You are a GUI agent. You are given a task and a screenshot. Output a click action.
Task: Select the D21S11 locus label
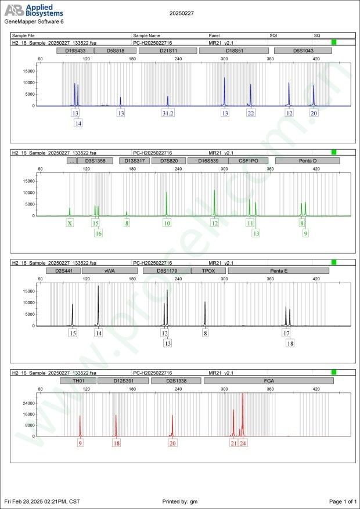click(x=168, y=51)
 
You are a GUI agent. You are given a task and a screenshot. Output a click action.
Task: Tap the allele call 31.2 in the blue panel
click(x=168, y=113)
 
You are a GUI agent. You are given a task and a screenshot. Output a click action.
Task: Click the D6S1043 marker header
click(x=303, y=51)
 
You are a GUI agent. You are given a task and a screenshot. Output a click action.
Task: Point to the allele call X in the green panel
click(x=70, y=223)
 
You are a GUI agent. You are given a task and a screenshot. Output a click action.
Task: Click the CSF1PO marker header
click(x=248, y=161)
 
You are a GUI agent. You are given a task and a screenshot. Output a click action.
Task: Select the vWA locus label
click(x=110, y=270)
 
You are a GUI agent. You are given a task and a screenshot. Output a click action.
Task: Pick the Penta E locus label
click(x=279, y=270)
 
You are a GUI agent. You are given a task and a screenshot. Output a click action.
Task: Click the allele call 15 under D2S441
click(x=73, y=333)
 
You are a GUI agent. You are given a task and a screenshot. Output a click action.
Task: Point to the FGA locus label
click(x=269, y=381)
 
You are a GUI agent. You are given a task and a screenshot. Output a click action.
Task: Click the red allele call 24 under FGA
click(x=243, y=443)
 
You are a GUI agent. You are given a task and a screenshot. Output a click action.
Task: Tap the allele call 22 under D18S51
click(x=250, y=113)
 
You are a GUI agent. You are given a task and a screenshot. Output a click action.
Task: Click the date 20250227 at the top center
click(x=182, y=13)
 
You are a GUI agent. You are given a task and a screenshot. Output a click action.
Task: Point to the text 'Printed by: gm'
click(x=180, y=501)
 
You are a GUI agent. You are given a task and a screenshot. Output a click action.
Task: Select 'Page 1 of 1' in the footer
click(x=343, y=501)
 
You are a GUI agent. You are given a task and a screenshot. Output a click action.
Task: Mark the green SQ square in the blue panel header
click(x=334, y=42)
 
